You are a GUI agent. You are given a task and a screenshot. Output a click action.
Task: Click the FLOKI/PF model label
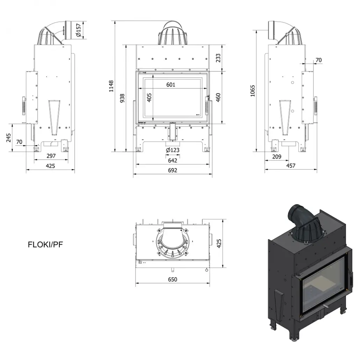[x=45, y=245]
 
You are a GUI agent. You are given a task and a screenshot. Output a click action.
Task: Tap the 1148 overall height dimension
[x=111, y=86]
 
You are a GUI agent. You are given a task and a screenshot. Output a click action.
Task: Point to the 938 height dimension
[x=122, y=99]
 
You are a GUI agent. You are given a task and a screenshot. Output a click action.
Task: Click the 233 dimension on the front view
[x=218, y=58]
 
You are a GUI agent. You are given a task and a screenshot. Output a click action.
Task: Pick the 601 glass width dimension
[x=171, y=85]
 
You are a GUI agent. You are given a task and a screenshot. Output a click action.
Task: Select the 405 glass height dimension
[x=149, y=98]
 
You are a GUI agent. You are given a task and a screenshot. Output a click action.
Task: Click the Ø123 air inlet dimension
[x=173, y=150]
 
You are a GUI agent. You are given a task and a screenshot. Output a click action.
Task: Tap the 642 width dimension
[x=173, y=160]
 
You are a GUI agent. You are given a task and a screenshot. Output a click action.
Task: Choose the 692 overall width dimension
[x=173, y=170]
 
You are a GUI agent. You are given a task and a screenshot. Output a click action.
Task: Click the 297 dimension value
[x=51, y=156]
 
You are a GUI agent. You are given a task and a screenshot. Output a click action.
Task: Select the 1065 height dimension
[x=253, y=91]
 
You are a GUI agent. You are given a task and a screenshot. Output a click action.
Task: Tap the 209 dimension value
[x=276, y=157]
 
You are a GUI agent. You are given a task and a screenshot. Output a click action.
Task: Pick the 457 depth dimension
[x=291, y=166]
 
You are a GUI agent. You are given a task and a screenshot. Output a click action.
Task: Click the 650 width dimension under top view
[x=173, y=279]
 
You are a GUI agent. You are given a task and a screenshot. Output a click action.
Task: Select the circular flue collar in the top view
[x=173, y=241]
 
